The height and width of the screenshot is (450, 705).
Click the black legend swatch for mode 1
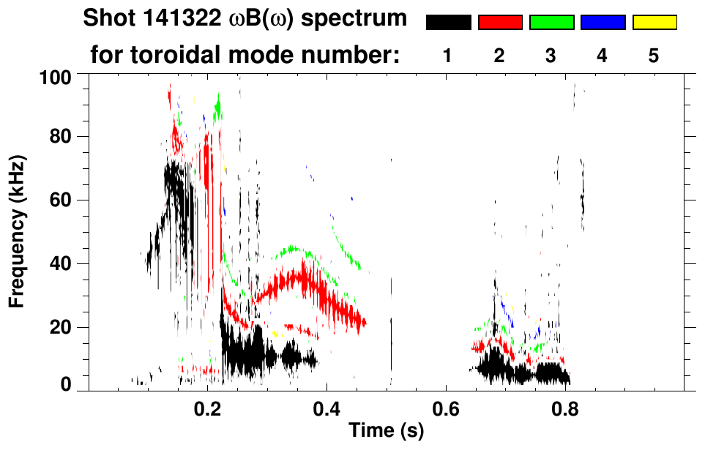click(x=448, y=23)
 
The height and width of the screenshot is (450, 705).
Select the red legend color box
click(x=500, y=23)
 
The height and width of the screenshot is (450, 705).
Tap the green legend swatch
click(x=551, y=23)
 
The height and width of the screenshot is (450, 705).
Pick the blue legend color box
click(x=603, y=23)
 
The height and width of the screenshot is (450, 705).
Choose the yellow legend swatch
click(x=654, y=23)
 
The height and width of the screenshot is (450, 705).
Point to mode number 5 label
click(x=654, y=56)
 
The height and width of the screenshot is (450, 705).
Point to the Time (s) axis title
click(x=385, y=432)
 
